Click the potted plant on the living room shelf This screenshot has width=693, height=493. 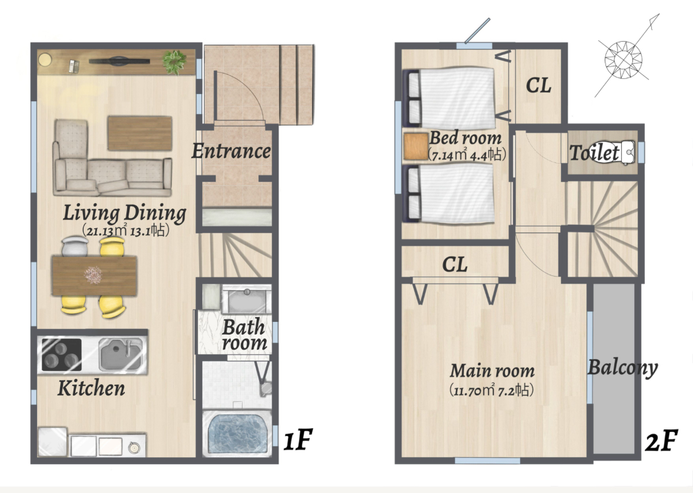(174, 61)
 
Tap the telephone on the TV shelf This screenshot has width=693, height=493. (74, 66)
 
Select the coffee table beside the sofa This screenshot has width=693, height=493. (140, 133)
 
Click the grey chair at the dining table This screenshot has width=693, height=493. (75, 246)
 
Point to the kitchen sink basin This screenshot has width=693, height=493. (120, 354)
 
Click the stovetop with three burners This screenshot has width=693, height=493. (62, 355)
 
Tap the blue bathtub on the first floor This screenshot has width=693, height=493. (236, 433)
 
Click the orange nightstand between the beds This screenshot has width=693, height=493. (416, 146)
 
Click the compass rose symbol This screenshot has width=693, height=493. (622, 58)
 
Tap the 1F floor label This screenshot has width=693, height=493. (297, 439)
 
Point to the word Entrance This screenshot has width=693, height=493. (231, 151)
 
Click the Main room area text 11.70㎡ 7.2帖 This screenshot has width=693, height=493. (491, 390)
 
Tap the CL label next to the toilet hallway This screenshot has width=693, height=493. (538, 85)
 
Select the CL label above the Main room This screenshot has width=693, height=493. (455, 265)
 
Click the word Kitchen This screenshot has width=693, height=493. (91, 388)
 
